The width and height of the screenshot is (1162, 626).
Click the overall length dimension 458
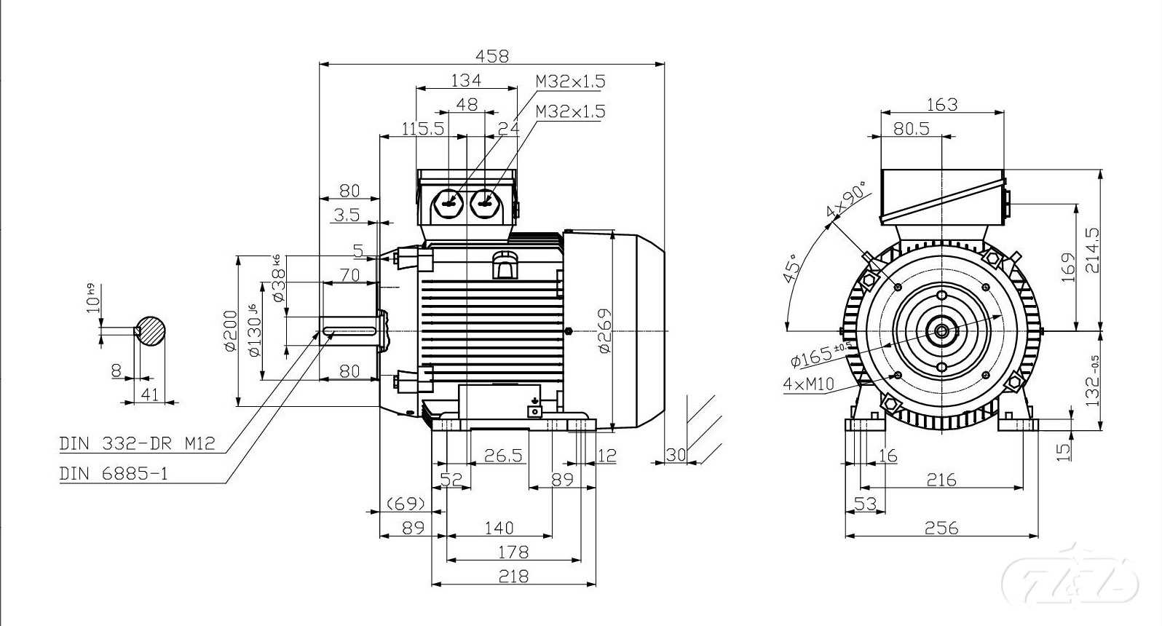click(492, 55)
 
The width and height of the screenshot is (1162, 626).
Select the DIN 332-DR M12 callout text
click(138, 443)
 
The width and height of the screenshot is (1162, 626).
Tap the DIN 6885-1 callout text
click(114, 474)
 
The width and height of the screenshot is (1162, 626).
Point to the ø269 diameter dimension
click(604, 331)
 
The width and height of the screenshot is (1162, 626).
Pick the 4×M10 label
click(808, 384)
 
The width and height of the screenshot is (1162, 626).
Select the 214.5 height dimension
click(1093, 250)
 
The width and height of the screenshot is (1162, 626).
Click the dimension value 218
click(513, 576)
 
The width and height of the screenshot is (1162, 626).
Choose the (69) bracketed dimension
click(405, 503)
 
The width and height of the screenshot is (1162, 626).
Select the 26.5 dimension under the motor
click(504, 456)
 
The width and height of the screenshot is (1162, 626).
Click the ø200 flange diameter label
click(231, 331)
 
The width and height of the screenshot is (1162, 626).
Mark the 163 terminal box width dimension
click(942, 104)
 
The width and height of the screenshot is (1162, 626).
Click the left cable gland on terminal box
click(447, 203)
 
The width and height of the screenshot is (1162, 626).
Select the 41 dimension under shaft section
click(149, 394)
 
